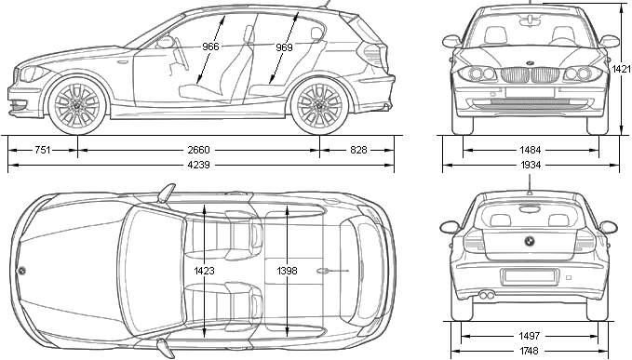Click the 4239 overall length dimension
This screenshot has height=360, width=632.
(198, 165)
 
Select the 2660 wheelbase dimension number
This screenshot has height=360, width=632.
(198, 150)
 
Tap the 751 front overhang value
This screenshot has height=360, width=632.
(42, 150)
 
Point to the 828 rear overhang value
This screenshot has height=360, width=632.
(358, 150)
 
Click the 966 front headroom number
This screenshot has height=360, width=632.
(210, 47)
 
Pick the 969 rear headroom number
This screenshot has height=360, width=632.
(284, 47)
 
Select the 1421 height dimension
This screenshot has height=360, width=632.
(622, 69)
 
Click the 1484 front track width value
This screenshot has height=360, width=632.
(530, 150)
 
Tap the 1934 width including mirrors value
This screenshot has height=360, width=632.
(530, 165)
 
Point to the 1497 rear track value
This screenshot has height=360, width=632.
(530, 336)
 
